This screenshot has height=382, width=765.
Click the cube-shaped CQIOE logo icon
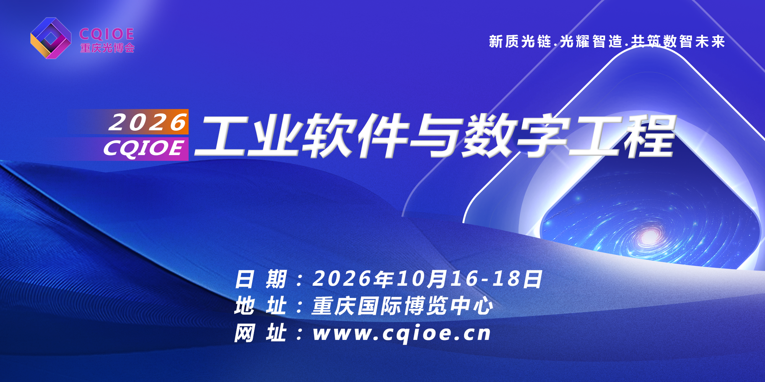coord(51,38)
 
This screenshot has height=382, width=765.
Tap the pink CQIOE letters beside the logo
coord(107,34)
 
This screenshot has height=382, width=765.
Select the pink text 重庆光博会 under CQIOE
coord(107,48)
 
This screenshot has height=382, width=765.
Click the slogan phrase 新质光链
coord(520,41)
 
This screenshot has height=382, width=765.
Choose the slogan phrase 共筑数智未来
coord(678,41)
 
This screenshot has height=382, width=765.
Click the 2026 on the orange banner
coord(148,122)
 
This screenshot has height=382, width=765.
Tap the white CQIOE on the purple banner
coord(143,148)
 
